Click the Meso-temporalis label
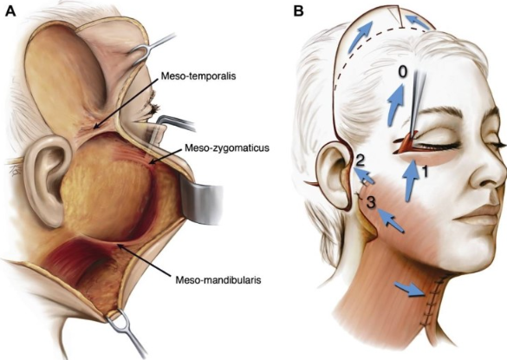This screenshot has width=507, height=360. pos(198,76)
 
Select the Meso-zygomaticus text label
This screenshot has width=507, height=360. pos(227,148)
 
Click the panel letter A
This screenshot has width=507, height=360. pos(10,11)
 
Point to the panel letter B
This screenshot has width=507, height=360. pos(298,11)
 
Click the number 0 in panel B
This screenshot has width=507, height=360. pos(402,72)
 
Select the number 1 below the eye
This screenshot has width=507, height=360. pos(425,172)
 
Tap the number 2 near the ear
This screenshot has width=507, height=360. pos(360,160)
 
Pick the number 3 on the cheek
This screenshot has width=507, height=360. pos(371,203)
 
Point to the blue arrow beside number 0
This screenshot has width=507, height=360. pos(396,104)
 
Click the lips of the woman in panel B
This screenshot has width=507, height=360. pos(478,215)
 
